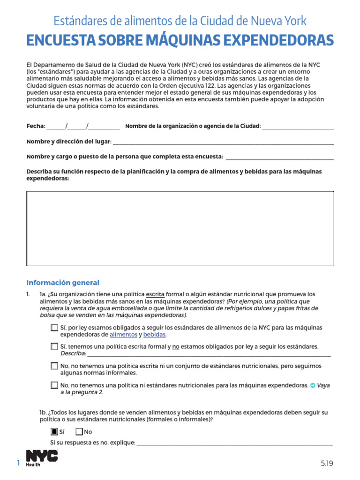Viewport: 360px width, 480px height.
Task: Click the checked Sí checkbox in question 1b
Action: [x=54, y=432]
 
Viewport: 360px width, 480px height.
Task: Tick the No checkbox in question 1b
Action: [x=79, y=432]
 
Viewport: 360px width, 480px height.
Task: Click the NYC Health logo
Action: [x=42, y=458]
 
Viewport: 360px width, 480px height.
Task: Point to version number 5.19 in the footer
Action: [x=327, y=463]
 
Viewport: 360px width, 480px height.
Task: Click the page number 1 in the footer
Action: [x=19, y=463]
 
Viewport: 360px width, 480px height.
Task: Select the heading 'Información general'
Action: [x=63, y=282]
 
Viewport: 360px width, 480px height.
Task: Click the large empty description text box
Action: [x=180, y=228]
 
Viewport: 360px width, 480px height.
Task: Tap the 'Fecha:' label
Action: [x=36, y=126]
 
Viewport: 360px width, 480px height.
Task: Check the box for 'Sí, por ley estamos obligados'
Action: [x=54, y=328]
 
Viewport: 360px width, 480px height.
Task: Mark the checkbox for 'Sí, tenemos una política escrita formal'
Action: [x=54, y=347]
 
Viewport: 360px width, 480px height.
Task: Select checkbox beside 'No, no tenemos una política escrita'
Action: [x=54, y=366]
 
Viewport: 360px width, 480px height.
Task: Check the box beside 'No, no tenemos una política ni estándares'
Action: [x=54, y=385]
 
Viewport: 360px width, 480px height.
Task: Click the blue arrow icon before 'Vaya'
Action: [x=313, y=385]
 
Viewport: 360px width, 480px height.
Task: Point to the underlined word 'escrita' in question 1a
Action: [x=155, y=294]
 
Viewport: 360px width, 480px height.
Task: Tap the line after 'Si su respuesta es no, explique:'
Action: [x=234, y=443]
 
